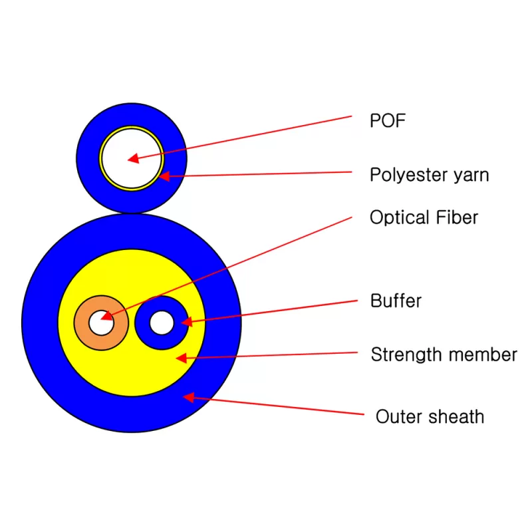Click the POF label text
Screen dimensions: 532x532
387,120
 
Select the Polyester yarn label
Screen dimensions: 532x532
429,175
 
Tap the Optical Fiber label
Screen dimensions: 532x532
424,217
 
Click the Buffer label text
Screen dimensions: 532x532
396,301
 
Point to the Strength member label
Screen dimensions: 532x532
444,354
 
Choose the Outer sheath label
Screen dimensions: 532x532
430,417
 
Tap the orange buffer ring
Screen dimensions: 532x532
82,323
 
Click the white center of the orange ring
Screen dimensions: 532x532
100,323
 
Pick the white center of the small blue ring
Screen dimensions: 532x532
161,323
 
